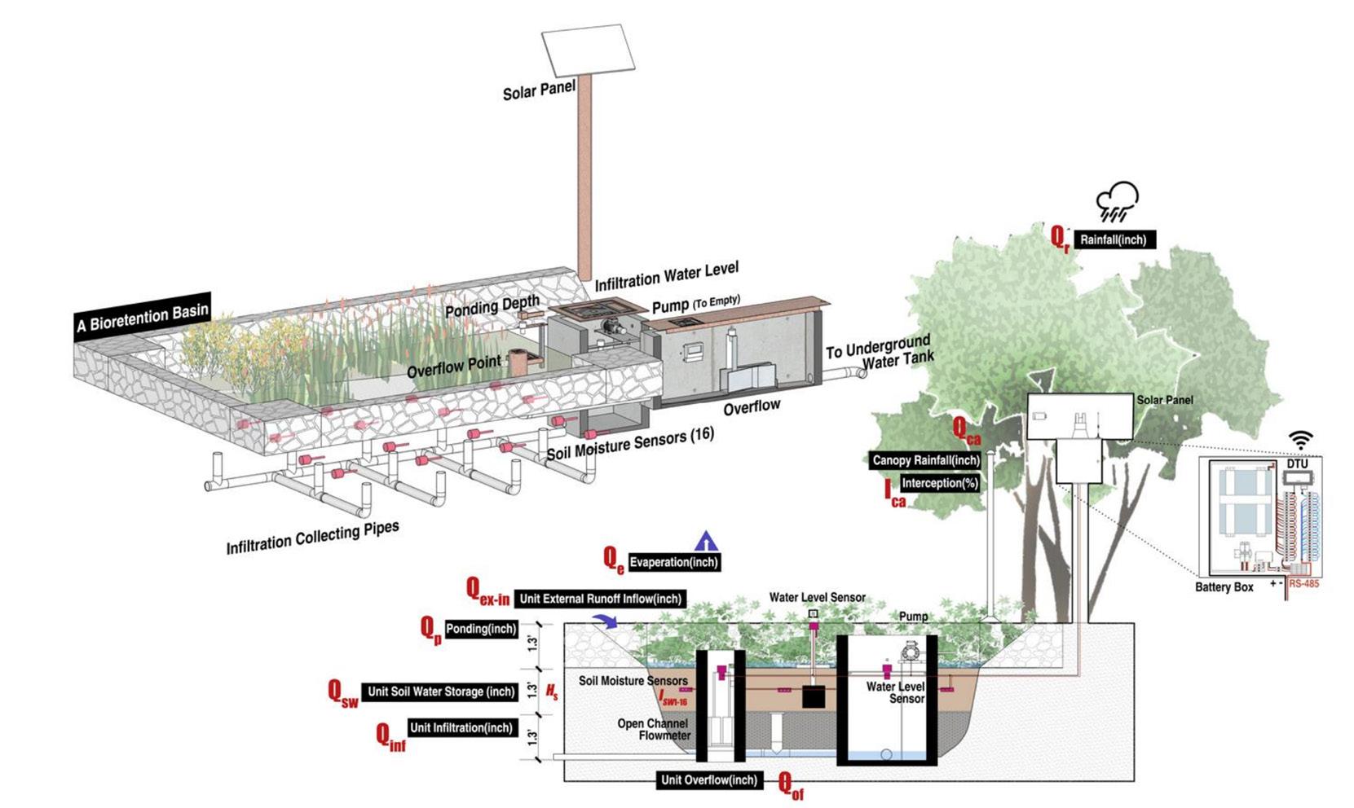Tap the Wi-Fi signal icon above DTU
tap(1300, 441)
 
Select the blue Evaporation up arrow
tap(706, 541)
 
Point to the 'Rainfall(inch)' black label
tap(1114, 240)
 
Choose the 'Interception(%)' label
tap(940, 483)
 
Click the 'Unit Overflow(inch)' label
tap(708, 779)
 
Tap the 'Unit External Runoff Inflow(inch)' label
tap(600, 599)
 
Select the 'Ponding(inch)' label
tap(481, 629)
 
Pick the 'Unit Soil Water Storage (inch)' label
tap(441, 692)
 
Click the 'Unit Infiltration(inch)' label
tap(461, 727)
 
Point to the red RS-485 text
tap(1304, 584)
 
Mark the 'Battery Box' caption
tap(1224, 586)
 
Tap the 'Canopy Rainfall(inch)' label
tap(926, 460)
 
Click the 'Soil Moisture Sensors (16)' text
tap(630, 442)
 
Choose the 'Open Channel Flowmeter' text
tap(654, 729)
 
